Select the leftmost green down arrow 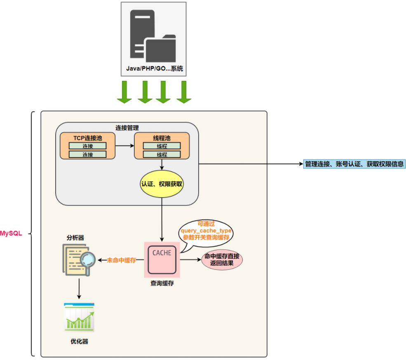tap(124, 92)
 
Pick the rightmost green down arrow tap(184, 92)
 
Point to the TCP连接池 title tap(87, 137)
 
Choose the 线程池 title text tap(162, 137)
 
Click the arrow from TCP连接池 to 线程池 tap(124, 146)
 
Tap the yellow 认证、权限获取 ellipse tap(162, 184)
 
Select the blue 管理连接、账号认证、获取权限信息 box tap(354, 164)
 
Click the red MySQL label tap(11, 233)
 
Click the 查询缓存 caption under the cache tap(162, 283)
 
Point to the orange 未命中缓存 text tap(122, 260)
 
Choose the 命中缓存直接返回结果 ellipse tap(222, 260)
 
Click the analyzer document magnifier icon tap(78, 259)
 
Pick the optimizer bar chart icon tap(79, 317)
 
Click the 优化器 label tap(79, 341)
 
